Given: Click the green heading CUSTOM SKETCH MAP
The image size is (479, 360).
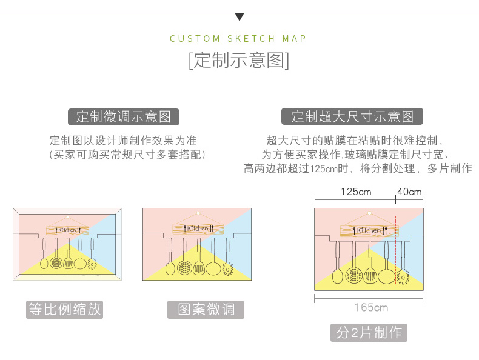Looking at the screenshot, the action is [238, 39].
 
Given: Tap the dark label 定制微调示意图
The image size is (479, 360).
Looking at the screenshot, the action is [124, 116].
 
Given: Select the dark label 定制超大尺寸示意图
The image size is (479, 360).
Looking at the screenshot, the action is [352, 116].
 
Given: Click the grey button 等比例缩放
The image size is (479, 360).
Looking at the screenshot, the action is [65, 309].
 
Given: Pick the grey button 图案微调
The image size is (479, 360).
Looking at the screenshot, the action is [206, 309].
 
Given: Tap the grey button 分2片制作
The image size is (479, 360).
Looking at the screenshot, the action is [369, 332].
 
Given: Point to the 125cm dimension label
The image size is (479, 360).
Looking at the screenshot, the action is [356, 192].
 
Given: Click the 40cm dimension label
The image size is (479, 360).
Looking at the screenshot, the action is [409, 192].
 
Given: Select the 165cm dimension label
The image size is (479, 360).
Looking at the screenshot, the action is [371, 307].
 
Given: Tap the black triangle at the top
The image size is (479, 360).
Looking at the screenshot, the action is [239, 17].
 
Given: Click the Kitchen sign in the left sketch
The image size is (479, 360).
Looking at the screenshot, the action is [67, 230].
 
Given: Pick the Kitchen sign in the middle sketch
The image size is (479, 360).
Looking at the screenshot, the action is [198, 228].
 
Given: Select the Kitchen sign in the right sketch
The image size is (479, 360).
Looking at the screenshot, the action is [369, 230].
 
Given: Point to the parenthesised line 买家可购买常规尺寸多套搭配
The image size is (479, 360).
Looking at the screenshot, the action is [127, 155].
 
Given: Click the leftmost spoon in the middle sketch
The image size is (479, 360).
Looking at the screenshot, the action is [169, 267].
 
